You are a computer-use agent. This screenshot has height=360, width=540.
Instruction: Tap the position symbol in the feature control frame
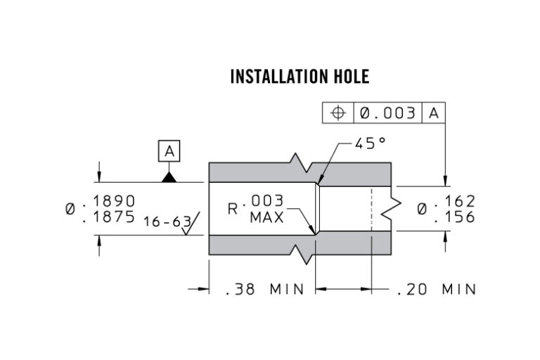point(338,113)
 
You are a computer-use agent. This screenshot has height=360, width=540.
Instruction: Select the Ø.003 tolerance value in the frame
point(387,113)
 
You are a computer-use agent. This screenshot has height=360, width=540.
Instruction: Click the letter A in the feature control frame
point(434,113)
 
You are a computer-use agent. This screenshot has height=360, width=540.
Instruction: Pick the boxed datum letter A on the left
point(169,150)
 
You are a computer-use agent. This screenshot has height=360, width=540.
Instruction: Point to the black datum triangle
point(169,177)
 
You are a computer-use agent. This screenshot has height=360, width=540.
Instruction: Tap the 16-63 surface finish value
point(166,221)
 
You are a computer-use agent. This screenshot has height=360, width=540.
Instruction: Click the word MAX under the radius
point(266,218)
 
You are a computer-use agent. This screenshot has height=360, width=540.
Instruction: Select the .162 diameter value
point(456,201)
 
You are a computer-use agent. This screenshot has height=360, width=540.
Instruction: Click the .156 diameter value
point(456,217)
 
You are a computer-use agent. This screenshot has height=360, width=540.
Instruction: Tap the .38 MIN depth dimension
point(264,289)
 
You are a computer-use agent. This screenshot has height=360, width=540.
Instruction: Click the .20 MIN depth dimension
point(436,289)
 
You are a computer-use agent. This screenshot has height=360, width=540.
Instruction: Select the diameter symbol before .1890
point(71,209)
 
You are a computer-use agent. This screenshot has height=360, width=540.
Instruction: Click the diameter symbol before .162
point(423,209)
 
